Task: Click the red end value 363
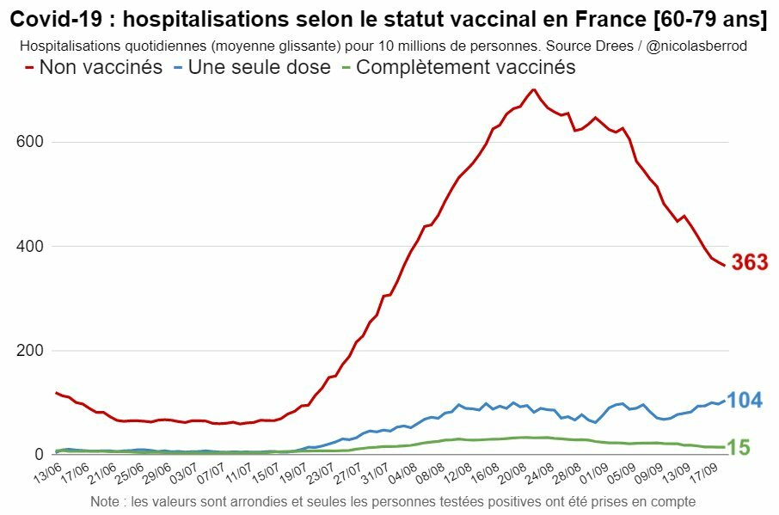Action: click(x=750, y=263)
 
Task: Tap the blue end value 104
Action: click(x=745, y=400)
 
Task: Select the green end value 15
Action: click(x=737, y=447)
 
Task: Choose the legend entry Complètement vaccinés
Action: click(x=465, y=67)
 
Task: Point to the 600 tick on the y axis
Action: click(x=32, y=142)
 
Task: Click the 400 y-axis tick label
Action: click(x=32, y=247)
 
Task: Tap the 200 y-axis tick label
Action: click(x=32, y=351)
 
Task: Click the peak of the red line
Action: click(x=534, y=89)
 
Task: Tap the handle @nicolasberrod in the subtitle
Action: click(x=696, y=46)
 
